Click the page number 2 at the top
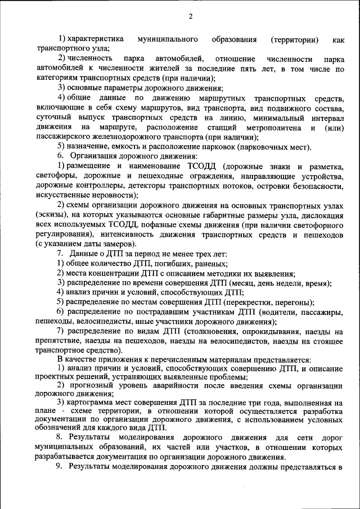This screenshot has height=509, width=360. pyautogui.click(x=190, y=16)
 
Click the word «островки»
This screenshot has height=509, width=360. pyautogui.click(x=272, y=186)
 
